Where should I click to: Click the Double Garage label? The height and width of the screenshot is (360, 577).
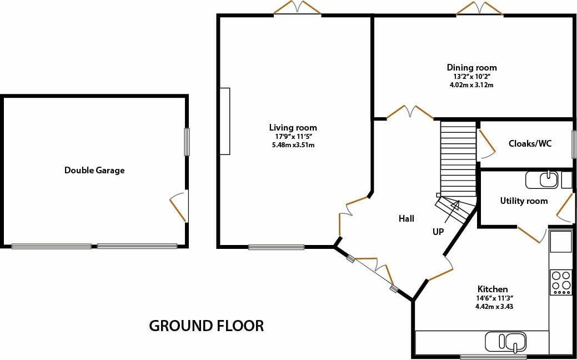pyautogui.click(x=94, y=171)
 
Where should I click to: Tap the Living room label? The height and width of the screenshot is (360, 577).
pyautogui.click(x=293, y=128)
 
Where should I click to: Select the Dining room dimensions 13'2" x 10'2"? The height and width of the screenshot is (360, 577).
pyautogui.click(x=472, y=77)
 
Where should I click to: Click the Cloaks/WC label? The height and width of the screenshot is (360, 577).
pyautogui.click(x=530, y=143)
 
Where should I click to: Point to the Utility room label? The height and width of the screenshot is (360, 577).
pyautogui.click(x=524, y=201)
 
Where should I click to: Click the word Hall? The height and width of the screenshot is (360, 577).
pyautogui.click(x=407, y=219)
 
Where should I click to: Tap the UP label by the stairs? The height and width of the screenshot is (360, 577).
pyautogui.click(x=438, y=232)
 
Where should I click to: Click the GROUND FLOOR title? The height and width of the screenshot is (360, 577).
pyautogui.click(x=206, y=326)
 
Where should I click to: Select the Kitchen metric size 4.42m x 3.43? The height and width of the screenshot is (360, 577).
pyautogui.click(x=495, y=305)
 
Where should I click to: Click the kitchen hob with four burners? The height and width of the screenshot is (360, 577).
pyautogui.click(x=561, y=282)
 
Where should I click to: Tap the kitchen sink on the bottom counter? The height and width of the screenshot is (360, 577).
pyautogui.click(x=506, y=342)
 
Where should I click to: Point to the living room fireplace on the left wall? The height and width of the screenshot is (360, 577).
pyautogui.click(x=225, y=121)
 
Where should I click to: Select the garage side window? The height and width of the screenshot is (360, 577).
pyautogui.click(x=187, y=142)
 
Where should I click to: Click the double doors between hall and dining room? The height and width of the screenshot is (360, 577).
pyautogui.click(x=410, y=112)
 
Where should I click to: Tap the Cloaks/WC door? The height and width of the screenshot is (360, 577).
pyautogui.click(x=486, y=144)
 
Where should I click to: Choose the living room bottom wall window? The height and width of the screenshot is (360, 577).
pyautogui.click(x=277, y=247)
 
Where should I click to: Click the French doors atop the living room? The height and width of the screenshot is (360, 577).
pyautogui.click(x=297, y=8)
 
